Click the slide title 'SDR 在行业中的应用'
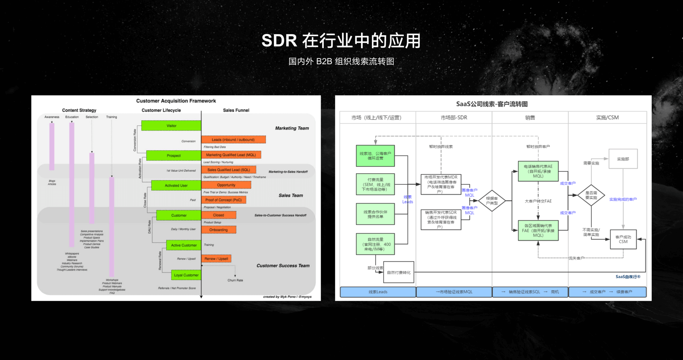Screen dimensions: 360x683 coord(341,41)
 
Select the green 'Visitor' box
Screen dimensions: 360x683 coord(171,126)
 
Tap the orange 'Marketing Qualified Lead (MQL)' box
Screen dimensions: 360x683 coord(231,155)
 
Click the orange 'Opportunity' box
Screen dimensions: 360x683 coord(226,185)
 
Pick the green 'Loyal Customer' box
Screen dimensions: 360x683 coord(186,275)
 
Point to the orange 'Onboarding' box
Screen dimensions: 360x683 coord(218,230)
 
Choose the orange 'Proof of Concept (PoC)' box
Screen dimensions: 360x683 coord(223,200)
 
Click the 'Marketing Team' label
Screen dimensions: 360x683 coord(292,128)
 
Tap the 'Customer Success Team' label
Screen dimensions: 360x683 coord(283,266)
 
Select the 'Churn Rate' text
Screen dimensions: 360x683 coord(235,280)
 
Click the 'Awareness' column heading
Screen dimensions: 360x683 coord(52,117)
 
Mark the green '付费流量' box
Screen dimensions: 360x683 coord(375,184)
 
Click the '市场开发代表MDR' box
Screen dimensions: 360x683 coord(441,184)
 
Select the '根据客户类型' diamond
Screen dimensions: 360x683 coord(492,201)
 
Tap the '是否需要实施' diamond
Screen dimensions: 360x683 coord(591,195)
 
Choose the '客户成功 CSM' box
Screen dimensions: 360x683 coord(623,239)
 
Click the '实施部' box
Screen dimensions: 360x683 coord(623,159)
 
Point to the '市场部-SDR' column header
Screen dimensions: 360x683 coord(454,117)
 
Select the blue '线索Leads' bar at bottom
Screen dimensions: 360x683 coord(378,292)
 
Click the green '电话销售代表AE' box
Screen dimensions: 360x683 coord(538,171)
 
